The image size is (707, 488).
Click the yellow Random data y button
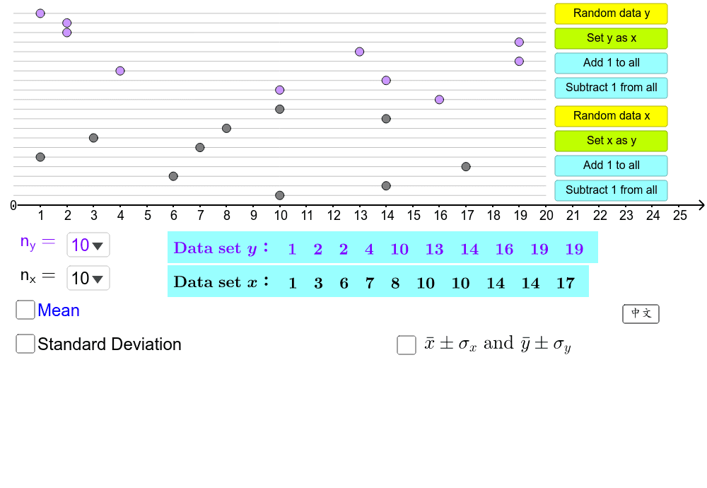611,13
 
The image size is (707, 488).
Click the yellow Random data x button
611,116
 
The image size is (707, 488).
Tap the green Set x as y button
611,141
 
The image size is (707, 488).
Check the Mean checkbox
25,310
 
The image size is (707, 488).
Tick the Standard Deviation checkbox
25,344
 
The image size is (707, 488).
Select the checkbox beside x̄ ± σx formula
407,344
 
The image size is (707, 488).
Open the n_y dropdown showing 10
88,245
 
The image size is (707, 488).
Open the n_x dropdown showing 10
88,279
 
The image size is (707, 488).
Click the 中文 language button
641,313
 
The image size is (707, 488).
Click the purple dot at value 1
40,13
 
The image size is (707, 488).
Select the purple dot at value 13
359,52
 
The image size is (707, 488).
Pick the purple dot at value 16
439,100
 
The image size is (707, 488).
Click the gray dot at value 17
466,167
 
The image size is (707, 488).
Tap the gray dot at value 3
93,138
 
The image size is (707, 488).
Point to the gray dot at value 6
173,176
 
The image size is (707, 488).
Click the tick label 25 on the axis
679,215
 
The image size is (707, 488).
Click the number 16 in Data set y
504,249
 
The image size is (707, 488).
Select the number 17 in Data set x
566,284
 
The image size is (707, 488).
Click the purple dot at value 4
120,71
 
